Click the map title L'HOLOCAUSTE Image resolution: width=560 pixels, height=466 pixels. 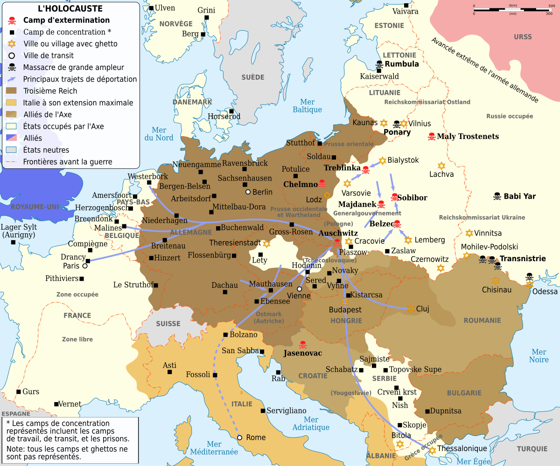(70, 9)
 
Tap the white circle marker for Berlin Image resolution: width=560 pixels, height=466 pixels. (248, 192)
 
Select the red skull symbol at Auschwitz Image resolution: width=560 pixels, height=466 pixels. (337, 243)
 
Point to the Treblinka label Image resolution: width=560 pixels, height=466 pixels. (342, 167)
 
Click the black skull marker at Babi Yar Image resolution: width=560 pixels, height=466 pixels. (497, 196)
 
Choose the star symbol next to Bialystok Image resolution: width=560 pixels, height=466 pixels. (382, 160)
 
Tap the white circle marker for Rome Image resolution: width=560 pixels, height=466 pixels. (239, 438)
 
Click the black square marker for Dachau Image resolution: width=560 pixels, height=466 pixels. (225, 292)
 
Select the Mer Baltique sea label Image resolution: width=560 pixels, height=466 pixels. (307, 106)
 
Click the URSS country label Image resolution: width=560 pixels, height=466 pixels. (522, 37)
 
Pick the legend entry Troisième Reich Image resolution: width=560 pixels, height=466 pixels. (50, 91)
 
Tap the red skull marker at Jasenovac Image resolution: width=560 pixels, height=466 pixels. (302, 345)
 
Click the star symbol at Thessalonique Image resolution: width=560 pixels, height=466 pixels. (432, 450)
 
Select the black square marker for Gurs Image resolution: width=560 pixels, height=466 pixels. (19, 392)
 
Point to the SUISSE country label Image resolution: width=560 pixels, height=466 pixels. (168, 324)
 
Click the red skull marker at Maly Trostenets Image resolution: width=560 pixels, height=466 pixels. (432, 137)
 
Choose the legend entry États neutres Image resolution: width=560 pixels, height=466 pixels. (46, 150)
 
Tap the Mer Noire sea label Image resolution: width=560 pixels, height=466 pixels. (539, 356)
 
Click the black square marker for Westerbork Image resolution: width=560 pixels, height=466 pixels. (149, 182)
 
